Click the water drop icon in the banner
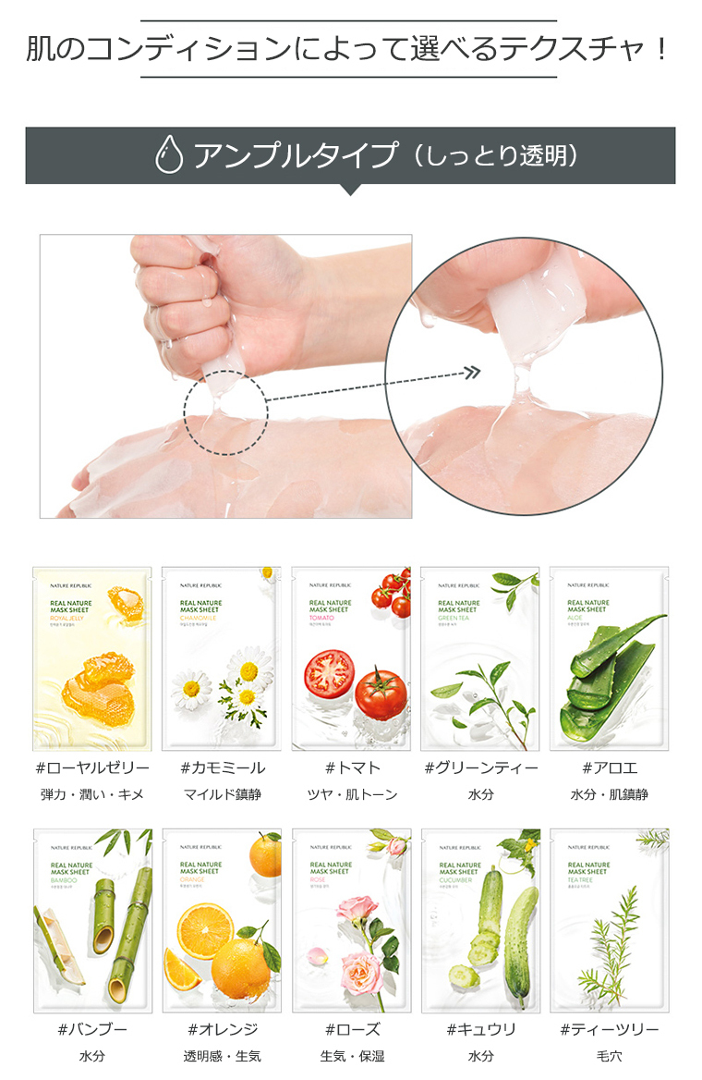[169, 155]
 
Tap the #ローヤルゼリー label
[92, 767]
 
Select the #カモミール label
[222, 767]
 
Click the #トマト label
[351, 767]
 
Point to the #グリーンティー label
[480, 767]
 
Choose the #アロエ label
[610, 767]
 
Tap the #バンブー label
[92, 1029]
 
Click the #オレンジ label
[222, 1029]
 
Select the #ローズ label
[351, 1029]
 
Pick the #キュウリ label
[480, 1029]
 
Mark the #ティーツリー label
[610, 1029]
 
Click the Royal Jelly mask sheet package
[92, 658]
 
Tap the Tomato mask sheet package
[351, 658]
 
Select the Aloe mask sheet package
[610, 658]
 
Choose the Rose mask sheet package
[351, 920]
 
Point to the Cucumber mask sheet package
[480, 920]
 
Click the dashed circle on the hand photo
[225, 413]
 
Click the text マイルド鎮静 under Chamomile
[222, 794]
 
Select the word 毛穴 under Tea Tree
[610, 1056]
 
